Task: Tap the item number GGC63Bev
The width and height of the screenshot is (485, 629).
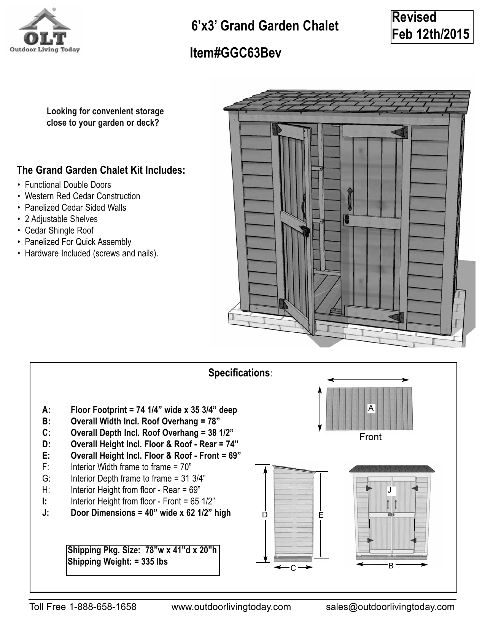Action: (235, 53)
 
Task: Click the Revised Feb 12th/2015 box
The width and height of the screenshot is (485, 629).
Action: (431, 27)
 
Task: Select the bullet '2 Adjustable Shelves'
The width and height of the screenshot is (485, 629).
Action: (61, 219)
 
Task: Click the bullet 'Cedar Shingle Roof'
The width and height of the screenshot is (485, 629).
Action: (59, 230)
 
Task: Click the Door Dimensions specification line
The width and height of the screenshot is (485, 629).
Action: (150, 513)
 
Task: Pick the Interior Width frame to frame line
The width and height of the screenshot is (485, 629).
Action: (130, 467)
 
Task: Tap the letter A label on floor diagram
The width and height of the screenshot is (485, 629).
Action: (371, 408)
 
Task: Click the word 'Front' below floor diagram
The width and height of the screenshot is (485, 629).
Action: (370, 437)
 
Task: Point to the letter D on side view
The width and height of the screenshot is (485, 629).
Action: (265, 515)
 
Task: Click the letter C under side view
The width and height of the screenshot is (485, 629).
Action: (293, 568)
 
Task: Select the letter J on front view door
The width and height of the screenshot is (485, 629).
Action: (390, 490)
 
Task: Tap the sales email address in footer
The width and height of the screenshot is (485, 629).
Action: (390, 607)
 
